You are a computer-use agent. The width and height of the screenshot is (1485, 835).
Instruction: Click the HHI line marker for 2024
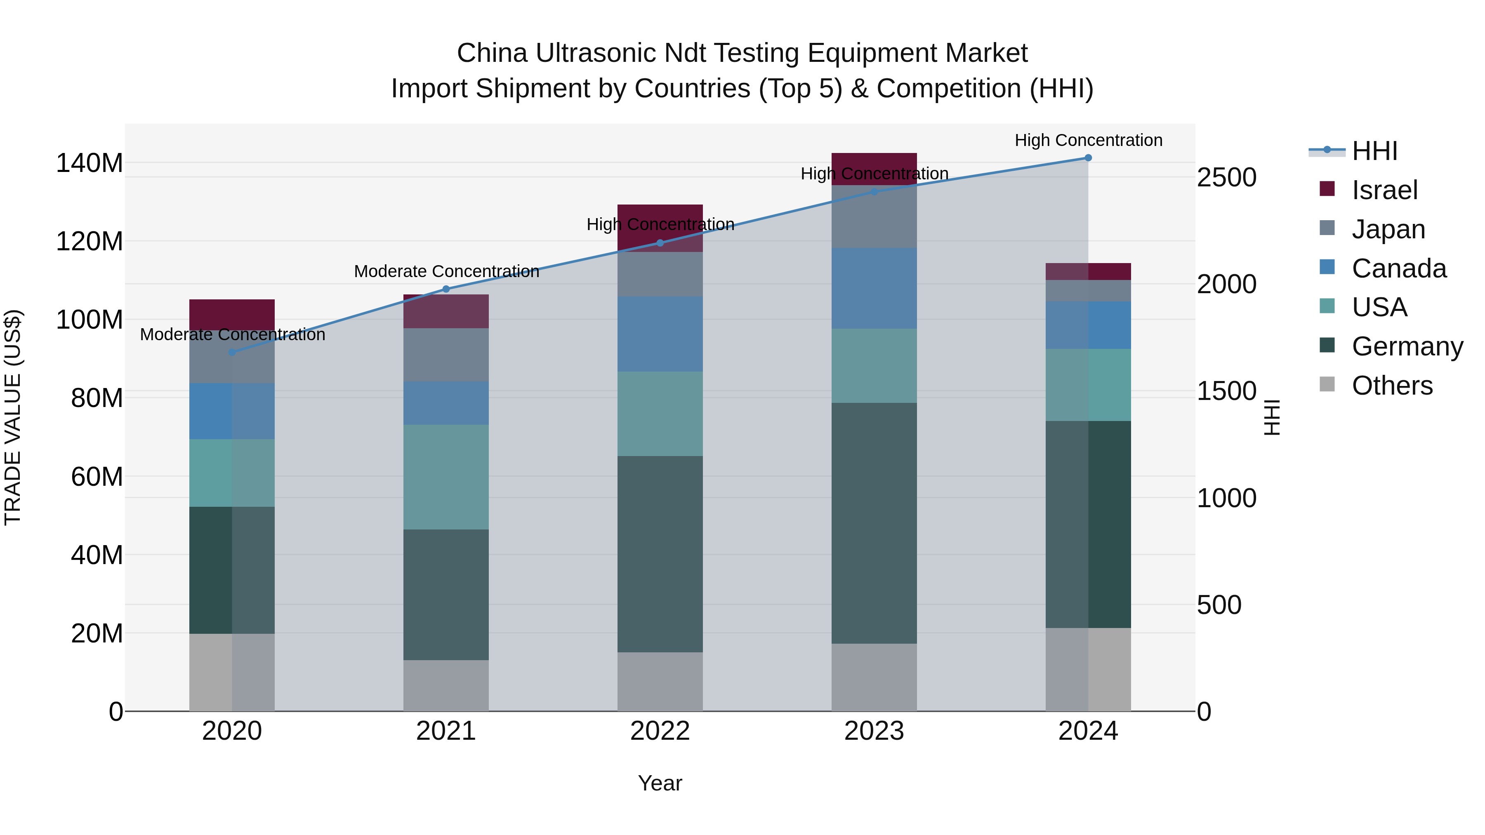coord(1088,158)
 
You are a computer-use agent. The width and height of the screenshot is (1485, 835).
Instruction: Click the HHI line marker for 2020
coord(232,352)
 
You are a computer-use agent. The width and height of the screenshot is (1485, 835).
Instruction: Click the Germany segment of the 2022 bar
coord(660,554)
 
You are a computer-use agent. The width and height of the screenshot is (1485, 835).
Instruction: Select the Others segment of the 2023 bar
coord(874,677)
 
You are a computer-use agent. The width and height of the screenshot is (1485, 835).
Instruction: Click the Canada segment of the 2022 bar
coord(660,334)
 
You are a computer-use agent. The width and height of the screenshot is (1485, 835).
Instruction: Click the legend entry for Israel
coord(1384,190)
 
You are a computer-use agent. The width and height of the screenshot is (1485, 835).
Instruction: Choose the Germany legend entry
coord(1407,346)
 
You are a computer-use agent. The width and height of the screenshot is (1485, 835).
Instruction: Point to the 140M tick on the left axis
coord(90,163)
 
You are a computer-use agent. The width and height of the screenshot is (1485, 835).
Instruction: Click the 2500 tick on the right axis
coord(1226,177)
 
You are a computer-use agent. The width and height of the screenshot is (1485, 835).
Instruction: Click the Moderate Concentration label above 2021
coord(446,271)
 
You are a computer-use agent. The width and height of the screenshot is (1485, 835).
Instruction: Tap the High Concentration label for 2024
coord(1088,141)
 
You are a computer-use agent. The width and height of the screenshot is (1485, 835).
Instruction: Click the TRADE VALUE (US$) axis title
coord(13,417)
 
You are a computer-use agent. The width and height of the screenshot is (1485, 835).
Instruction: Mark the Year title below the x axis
coord(660,783)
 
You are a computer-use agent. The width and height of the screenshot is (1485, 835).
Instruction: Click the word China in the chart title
coord(492,53)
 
